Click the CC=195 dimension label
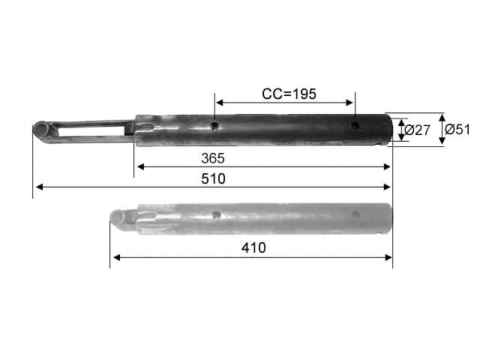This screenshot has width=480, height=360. coord(289,94)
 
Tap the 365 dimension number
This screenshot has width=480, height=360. coord(213,158)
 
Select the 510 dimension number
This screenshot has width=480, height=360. coord(213,178)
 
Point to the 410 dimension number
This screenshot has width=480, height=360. coord(253,247)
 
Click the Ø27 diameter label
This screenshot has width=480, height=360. coord(418,130)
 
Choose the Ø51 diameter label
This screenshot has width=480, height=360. coord(457,129)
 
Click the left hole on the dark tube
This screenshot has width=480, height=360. coord(215,125)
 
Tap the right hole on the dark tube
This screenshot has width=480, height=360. coord(355,125)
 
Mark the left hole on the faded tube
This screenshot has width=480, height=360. coord(216,214)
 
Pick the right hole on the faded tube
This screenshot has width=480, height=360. coord(355,214)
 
